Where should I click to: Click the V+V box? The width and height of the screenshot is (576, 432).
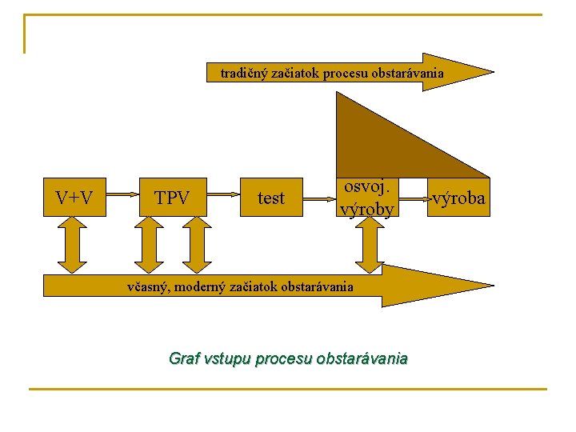pos(74,198)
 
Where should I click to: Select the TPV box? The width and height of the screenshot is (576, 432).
pos(172,198)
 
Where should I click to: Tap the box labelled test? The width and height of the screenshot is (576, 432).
pos(271,198)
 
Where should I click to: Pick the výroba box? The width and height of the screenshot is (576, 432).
pos(458,198)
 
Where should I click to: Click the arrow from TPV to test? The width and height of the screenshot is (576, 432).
pos(226,194)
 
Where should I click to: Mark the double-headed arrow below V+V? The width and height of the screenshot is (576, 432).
pos(74,244)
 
